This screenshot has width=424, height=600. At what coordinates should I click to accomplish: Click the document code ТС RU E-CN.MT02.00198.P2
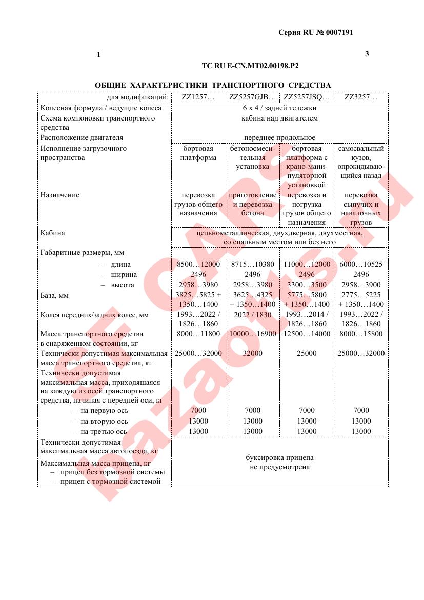(250, 66)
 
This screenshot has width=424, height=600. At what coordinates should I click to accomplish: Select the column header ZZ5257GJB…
(252, 97)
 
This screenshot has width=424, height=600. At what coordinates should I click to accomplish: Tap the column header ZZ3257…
(360, 97)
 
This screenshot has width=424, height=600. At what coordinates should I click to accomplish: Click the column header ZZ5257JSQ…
(307, 97)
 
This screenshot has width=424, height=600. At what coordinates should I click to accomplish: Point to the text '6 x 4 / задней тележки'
(279, 108)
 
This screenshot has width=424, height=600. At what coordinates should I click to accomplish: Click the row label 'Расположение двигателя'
(82, 138)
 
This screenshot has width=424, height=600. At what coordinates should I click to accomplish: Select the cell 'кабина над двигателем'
(279, 118)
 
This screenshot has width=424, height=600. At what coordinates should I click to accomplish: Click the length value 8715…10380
(252, 264)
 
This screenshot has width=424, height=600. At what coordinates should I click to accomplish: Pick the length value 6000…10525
(361, 264)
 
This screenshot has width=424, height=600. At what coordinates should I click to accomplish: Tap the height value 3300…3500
(307, 285)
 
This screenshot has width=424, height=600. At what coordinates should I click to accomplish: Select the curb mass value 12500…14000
(307, 334)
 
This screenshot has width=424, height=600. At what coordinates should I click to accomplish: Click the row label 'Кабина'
(53, 233)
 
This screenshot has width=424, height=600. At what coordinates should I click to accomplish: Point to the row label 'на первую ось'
(105, 411)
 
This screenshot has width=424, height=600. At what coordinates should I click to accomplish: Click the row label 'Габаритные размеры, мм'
(82, 252)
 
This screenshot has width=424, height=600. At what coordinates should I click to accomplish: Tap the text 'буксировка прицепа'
(279, 457)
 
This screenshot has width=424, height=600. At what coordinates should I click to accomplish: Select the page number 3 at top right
(367, 54)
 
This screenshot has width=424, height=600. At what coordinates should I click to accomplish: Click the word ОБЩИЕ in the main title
(110, 85)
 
